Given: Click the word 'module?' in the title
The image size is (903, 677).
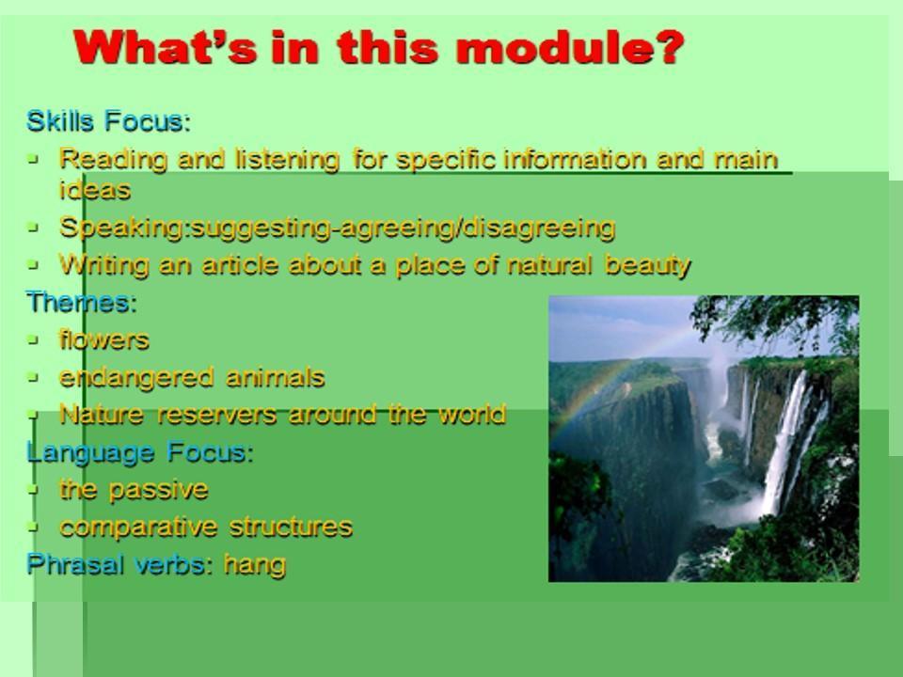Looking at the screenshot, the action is point(570,47).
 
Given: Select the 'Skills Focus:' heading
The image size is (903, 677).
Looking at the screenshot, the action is point(108,121).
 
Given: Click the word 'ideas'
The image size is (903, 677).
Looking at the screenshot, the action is point(95,190).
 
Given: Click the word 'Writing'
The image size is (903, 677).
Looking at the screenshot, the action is point(103,266).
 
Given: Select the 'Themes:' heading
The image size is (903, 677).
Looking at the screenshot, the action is point(82,302).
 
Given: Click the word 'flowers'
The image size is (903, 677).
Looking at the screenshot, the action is point(104,339).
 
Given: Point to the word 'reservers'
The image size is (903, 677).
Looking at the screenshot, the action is point(217,415).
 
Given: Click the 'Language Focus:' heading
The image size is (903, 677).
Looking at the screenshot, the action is point(140,453).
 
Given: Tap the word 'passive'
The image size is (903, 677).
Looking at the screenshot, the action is point(158,491).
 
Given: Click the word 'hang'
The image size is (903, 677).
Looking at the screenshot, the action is point(255,565).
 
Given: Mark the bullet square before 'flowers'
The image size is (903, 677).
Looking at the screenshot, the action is point(34,340).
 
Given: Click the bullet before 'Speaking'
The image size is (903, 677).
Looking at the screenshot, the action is point(34,228).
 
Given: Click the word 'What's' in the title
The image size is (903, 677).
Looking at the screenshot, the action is point(165,47).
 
